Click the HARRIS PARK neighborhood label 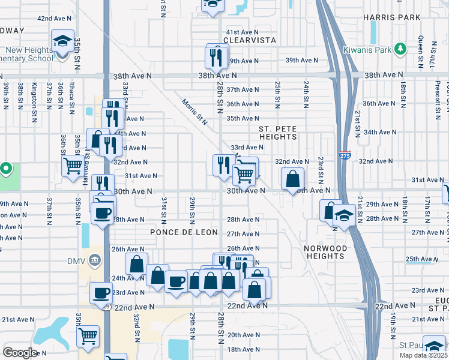coord(392,17)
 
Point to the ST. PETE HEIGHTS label coord(277,133)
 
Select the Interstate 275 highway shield coord(345,154)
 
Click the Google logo coord(20,353)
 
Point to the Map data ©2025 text coord(425,355)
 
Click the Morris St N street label coord(194,112)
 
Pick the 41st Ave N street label coord(242,32)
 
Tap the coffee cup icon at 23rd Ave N coord(101,292)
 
